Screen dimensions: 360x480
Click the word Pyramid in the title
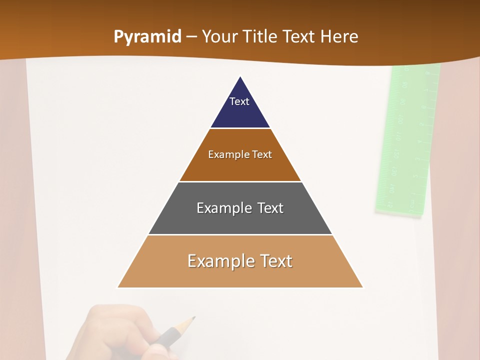point(147,37)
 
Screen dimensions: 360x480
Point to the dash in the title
point(191,37)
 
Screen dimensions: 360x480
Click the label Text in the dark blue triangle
point(239,101)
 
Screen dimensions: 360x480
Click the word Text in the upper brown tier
point(262,154)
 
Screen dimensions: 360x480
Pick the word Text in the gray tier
point(270,208)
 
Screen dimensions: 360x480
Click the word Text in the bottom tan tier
point(276,261)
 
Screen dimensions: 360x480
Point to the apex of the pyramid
point(240,77)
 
